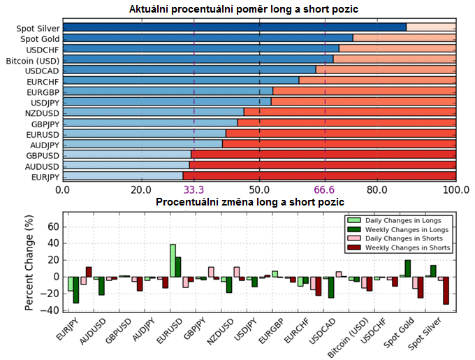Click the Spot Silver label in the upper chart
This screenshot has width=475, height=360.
[38, 28]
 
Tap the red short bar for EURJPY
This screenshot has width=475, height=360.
[319, 176]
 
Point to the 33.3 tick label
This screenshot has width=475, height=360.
[193, 189]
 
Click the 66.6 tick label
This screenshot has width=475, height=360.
[325, 189]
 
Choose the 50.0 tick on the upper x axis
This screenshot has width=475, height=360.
[259, 189]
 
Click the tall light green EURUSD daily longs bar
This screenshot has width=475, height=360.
[173, 260]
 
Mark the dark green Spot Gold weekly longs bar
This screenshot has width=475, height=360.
[407, 268]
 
